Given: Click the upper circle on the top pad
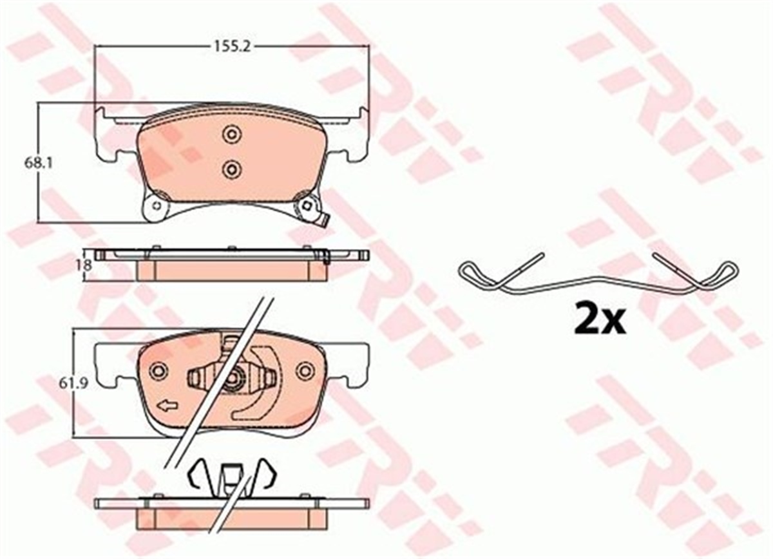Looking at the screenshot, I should [x=231, y=134].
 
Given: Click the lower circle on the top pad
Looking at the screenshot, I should [x=231, y=169].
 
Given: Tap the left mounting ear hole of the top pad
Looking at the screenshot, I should [x=155, y=207].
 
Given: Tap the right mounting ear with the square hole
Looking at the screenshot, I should [x=307, y=206].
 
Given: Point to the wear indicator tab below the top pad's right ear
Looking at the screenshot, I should [x=324, y=220].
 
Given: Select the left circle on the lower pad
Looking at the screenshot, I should [x=158, y=371].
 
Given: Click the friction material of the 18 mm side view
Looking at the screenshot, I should [x=232, y=271].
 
